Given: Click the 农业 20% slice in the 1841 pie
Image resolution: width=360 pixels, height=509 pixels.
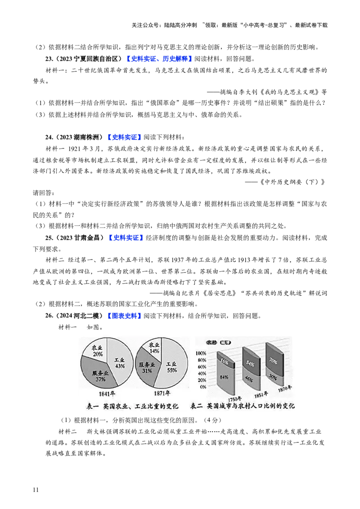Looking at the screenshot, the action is [x=95, y=350].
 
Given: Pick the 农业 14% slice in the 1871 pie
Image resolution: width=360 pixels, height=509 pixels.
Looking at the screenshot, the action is [x=153, y=347].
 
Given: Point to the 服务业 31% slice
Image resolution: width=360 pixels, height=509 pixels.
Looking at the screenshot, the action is [x=146, y=367].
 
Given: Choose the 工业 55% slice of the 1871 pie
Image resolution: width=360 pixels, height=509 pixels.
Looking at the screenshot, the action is [x=171, y=366].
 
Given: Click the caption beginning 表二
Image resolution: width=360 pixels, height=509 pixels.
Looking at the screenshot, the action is [x=243, y=406].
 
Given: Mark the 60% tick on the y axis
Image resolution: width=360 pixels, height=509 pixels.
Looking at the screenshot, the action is [x=201, y=367].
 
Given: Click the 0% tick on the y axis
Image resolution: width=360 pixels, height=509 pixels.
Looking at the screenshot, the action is [x=202, y=386].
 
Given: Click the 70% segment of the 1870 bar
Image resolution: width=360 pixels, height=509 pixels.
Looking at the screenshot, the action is [x=273, y=360].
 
